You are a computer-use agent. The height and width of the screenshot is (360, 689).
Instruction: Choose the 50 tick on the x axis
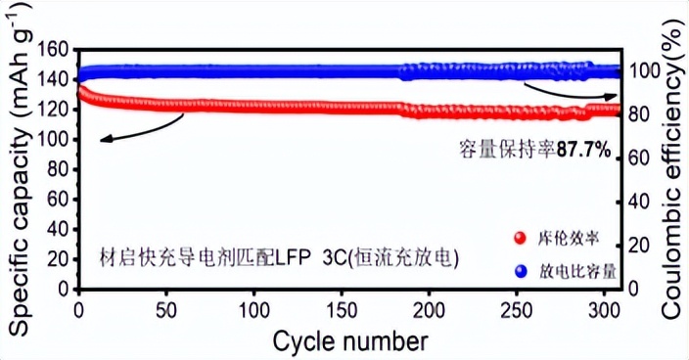(x=165, y=309)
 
